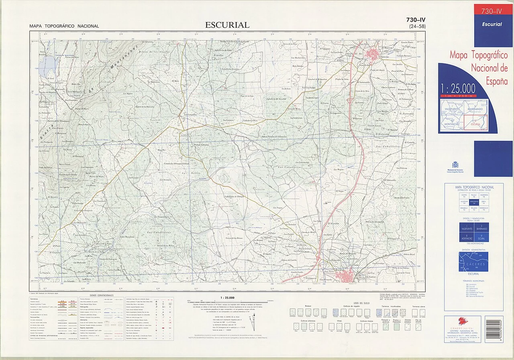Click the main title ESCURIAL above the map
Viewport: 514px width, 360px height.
227,25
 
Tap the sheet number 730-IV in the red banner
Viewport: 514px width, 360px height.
493,11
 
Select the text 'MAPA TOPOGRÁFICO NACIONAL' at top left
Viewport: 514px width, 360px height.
64,26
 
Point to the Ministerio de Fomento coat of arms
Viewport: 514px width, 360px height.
455,165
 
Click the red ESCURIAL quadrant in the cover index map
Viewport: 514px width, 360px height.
475,122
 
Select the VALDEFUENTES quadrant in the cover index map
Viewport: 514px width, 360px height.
451,108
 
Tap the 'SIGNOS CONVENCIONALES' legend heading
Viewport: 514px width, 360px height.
102,295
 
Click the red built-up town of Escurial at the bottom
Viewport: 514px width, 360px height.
346,275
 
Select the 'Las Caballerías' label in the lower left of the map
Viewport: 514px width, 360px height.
159,232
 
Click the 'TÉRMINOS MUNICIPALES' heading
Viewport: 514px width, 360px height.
473,281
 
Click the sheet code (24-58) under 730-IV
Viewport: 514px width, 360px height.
417,26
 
